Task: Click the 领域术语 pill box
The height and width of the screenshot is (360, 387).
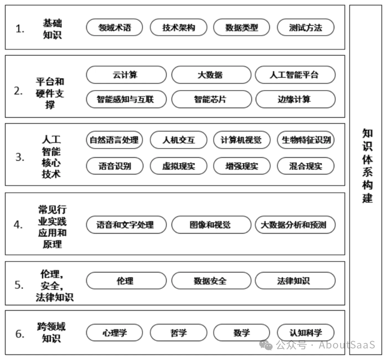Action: pyautogui.click(x=114, y=28)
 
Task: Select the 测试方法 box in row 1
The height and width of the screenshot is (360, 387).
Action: pyautogui.click(x=305, y=28)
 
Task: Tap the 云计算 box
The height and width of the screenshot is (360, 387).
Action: pyautogui.click(x=126, y=75)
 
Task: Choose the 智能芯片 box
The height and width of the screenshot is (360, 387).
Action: pyautogui.click(x=210, y=100)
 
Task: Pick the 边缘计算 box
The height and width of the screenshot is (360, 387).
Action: pyautogui.click(x=295, y=100)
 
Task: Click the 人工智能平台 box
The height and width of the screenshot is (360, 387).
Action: pyautogui.click(x=295, y=75)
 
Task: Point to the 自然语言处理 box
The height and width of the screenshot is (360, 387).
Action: pyautogui.click(x=114, y=140)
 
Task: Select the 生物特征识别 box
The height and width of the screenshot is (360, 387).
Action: pyautogui.click(x=305, y=140)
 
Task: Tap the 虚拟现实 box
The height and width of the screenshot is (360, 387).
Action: pyautogui.click(x=178, y=166)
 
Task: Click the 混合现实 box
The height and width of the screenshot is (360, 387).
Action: pyautogui.click(x=305, y=166)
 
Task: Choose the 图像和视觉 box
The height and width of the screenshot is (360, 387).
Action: pyautogui.click(x=210, y=224)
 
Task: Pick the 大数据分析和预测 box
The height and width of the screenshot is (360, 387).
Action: pyautogui.click(x=295, y=224)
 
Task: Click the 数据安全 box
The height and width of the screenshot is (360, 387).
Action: pyautogui.click(x=210, y=281)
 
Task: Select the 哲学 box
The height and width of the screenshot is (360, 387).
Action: pyautogui.click(x=178, y=333)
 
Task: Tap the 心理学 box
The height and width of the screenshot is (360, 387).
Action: pyautogui.click(x=114, y=333)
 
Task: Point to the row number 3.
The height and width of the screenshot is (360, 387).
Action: pyautogui.click(x=20, y=157)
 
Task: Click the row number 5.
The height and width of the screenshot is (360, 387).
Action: pyautogui.click(x=20, y=285)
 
